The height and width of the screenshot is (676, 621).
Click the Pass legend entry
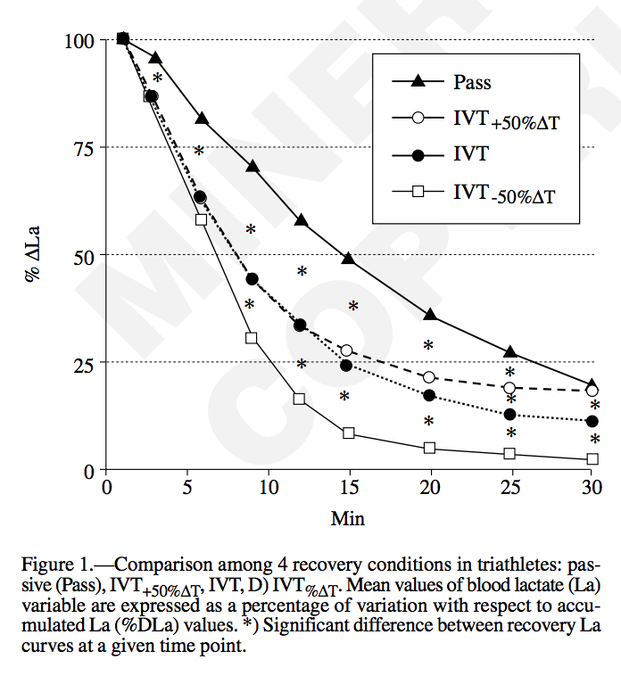(x=472, y=82)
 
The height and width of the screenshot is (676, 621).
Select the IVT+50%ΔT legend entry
(x=504, y=120)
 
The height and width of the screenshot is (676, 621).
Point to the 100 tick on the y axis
(x=79, y=40)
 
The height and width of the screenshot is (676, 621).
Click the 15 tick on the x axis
(x=349, y=488)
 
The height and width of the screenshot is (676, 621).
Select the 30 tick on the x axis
(x=592, y=488)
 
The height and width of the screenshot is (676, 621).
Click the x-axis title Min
(x=348, y=517)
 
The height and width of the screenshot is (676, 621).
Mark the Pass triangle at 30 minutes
(x=592, y=384)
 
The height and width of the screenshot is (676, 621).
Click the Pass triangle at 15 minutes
(x=349, y=259)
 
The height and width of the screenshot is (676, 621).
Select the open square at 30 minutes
(x=592, y=459)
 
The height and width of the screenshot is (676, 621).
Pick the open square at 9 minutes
(x=252, y=338)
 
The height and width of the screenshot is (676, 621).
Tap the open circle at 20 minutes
(x=429, y=377)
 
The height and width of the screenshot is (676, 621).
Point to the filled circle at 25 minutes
(x=510, y=415)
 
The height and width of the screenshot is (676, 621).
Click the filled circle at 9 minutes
(x=252, y=279)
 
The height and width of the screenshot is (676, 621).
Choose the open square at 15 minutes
(x=349, y=433)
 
